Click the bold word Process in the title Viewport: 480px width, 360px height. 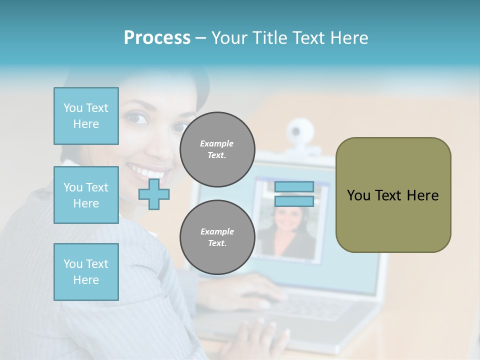click(157, 38)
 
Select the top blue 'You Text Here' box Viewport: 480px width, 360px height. click(86, 116)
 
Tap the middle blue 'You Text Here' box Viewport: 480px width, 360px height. click(86, 195)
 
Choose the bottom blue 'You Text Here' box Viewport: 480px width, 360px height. click(86, 272)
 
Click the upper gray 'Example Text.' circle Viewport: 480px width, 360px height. click(217, 149)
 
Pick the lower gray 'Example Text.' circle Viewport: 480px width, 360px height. click(217, 237)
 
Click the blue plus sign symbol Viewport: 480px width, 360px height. click(154, 194)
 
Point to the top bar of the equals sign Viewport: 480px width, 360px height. click(294, 186)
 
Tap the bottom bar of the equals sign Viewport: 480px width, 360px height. click(294, 201)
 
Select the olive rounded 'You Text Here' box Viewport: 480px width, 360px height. click(393, 195)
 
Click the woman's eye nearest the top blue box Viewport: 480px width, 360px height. click(136, 118)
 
